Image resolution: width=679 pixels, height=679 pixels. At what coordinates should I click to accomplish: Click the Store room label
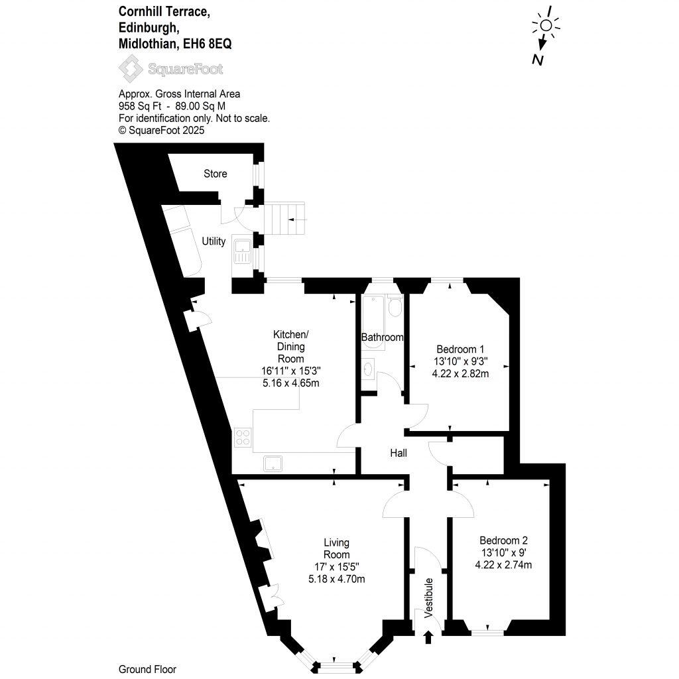(215, 174)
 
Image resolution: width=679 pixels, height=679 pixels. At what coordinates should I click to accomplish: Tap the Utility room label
(214, 241)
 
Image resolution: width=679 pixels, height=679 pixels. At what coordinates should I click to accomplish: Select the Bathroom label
(382, 338)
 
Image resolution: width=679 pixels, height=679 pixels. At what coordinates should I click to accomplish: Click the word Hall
(399, 454)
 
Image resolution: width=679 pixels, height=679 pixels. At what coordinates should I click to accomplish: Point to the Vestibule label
(429, 598)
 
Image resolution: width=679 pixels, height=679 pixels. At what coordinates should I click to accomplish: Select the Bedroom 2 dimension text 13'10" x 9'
(503, 552)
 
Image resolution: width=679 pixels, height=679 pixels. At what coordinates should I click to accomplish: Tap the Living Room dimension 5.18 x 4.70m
(337, 579)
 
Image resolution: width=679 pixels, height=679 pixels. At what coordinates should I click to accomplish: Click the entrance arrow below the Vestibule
(428, 637)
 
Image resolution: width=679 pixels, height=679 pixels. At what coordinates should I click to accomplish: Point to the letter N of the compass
(538, 60)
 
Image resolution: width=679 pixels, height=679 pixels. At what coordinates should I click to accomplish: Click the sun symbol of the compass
(546, 25)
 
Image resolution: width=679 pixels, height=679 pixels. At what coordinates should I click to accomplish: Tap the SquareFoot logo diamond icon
(129, 68)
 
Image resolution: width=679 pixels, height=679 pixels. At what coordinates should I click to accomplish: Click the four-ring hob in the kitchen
(243, 438)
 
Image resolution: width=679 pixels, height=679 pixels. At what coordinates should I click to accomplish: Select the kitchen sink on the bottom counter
(273, 463)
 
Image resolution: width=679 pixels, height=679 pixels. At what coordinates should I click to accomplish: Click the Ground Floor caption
(147, 669)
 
